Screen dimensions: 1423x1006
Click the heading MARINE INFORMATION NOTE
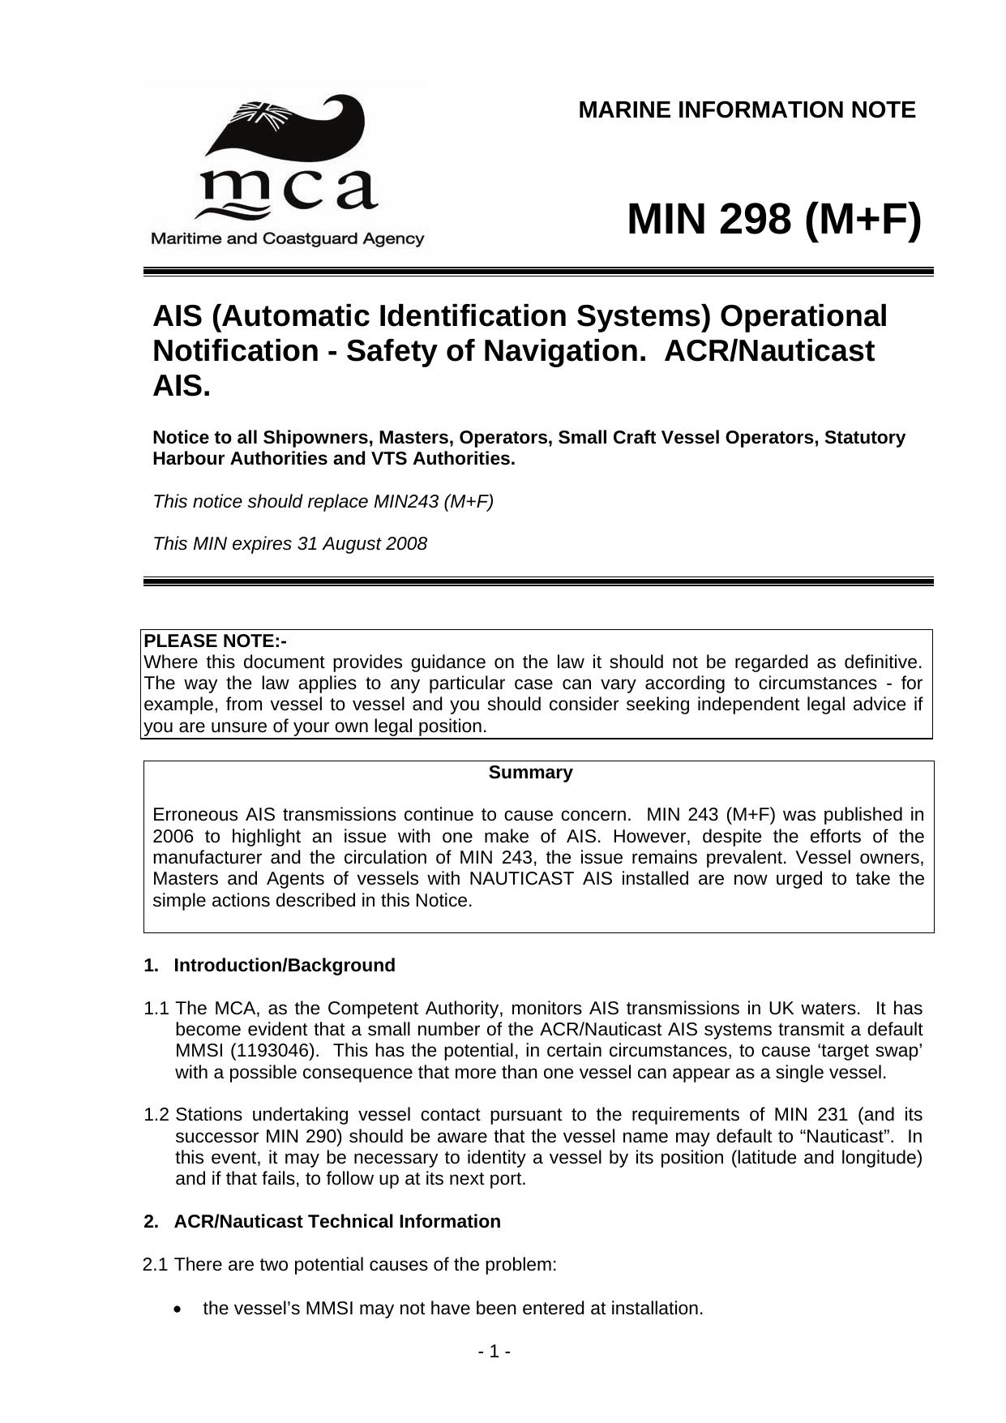pyautogui.click(x=747, y=110)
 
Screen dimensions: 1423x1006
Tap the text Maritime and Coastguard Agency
pyautogui.click(x=287, y=239)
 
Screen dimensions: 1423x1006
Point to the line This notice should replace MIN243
pyautogui.click(x=323, y=501)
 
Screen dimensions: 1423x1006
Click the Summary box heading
pyautogui.click(x=530, y=773)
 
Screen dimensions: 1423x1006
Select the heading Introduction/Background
pyautogui.click(x=285, y=965)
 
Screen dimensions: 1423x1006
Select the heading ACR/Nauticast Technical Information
pyautogui.click(x=337, y=1221)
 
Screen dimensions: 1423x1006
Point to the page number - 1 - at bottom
pyautogui.click(x=494, y=1352)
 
